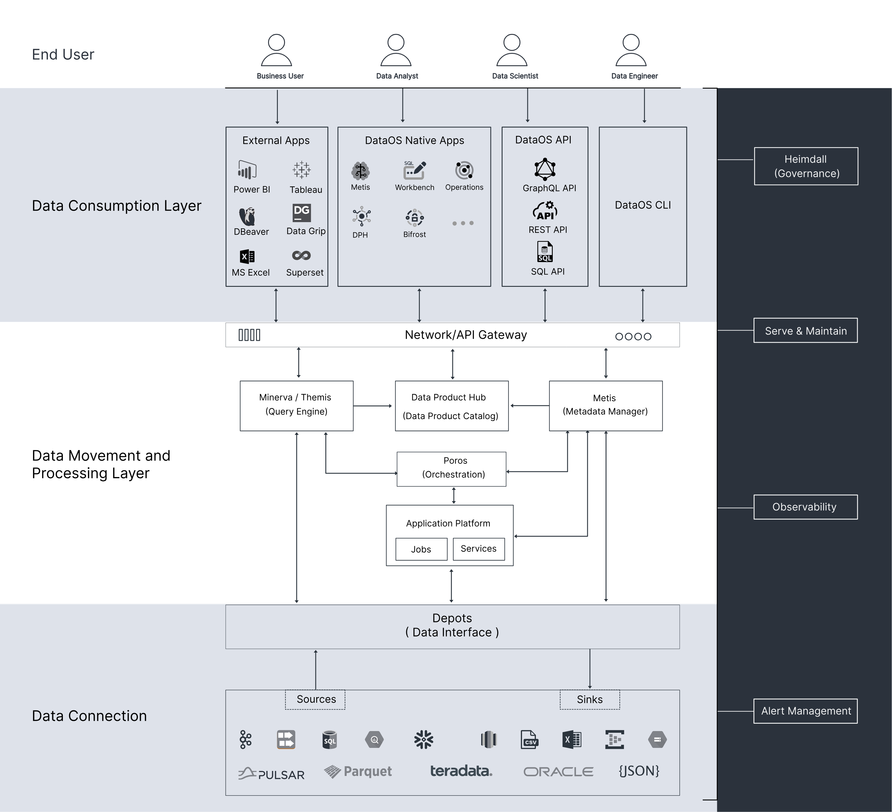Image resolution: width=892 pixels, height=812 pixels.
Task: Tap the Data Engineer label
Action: click(634, 76)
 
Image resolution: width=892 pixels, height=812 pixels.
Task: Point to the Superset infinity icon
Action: click(301, 256)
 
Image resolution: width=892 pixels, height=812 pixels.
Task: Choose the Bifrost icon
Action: click(415, 217)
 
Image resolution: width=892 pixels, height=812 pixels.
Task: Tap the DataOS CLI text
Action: click(642, 205)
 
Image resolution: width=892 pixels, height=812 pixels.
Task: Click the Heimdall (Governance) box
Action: click(806, 166)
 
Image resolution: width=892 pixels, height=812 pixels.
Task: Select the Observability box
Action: click(805, 507)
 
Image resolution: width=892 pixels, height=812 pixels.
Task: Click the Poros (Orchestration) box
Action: click(451, 469)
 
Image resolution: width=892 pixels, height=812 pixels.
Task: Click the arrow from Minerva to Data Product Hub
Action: click(373, 406)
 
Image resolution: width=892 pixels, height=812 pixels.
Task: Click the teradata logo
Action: click(461, 771)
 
